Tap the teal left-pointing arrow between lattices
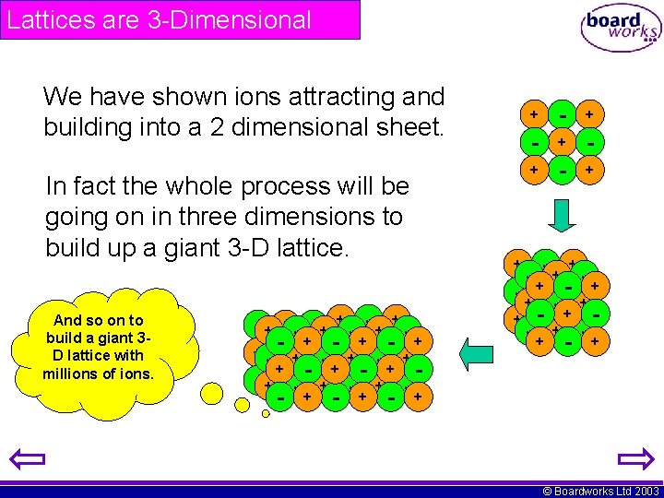478,352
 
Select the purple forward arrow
634,459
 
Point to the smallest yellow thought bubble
266,413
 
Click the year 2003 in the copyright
645,491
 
